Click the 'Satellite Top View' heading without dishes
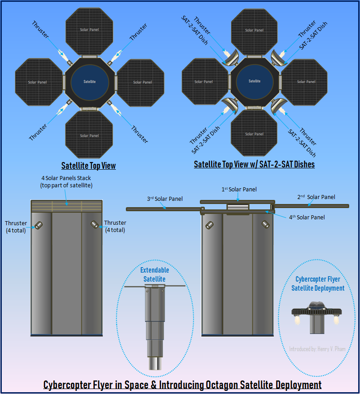88,166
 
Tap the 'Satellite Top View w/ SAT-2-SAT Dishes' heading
254,164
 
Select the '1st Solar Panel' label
239,190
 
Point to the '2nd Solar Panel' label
316,197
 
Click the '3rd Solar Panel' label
165,199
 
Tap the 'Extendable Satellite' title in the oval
155,274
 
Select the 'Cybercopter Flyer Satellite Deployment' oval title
318,284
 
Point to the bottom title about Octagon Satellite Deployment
182,385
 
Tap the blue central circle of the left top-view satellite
89,82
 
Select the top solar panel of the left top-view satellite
89,30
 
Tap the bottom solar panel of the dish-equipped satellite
254,134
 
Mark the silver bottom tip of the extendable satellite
155,363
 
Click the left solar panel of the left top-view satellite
38,82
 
